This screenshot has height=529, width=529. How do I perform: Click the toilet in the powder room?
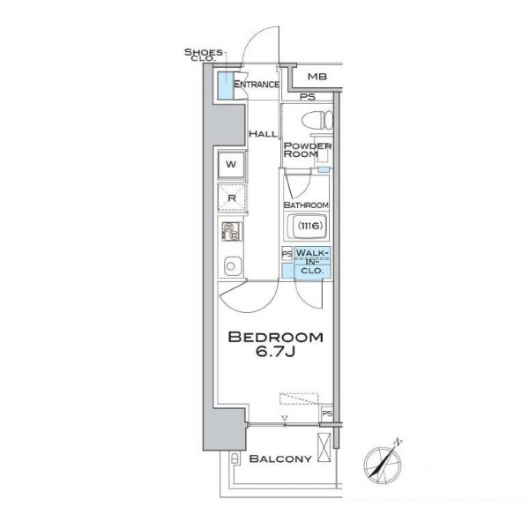(317, 121)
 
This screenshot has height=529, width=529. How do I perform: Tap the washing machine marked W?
(231, 165)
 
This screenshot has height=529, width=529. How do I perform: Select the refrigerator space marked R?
(232, 197)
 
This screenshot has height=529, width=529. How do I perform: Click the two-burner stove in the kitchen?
(232, 231)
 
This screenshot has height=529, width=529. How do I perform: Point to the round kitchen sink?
(232, 266)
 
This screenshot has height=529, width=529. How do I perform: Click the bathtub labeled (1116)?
(307, 226)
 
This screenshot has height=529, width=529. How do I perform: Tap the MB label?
(317, 77)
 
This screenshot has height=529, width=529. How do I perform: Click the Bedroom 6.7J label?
(276, 344)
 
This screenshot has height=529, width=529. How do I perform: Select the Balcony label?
(280, 458)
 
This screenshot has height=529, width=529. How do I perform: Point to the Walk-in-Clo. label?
(312, 262)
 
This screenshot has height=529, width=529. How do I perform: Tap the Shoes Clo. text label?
(204, 55)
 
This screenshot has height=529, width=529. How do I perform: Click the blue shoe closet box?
(223, 86)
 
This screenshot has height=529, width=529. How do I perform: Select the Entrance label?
(257, 84)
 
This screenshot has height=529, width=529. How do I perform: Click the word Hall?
(263, 134)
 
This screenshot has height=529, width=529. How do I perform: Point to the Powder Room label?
(308, 150)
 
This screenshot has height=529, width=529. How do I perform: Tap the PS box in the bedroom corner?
(326, 413)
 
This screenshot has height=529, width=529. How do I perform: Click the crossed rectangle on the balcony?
(324, 447)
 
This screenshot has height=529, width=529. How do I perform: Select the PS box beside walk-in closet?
(287, 254)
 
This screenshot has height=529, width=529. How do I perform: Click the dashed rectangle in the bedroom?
(299, 399)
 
